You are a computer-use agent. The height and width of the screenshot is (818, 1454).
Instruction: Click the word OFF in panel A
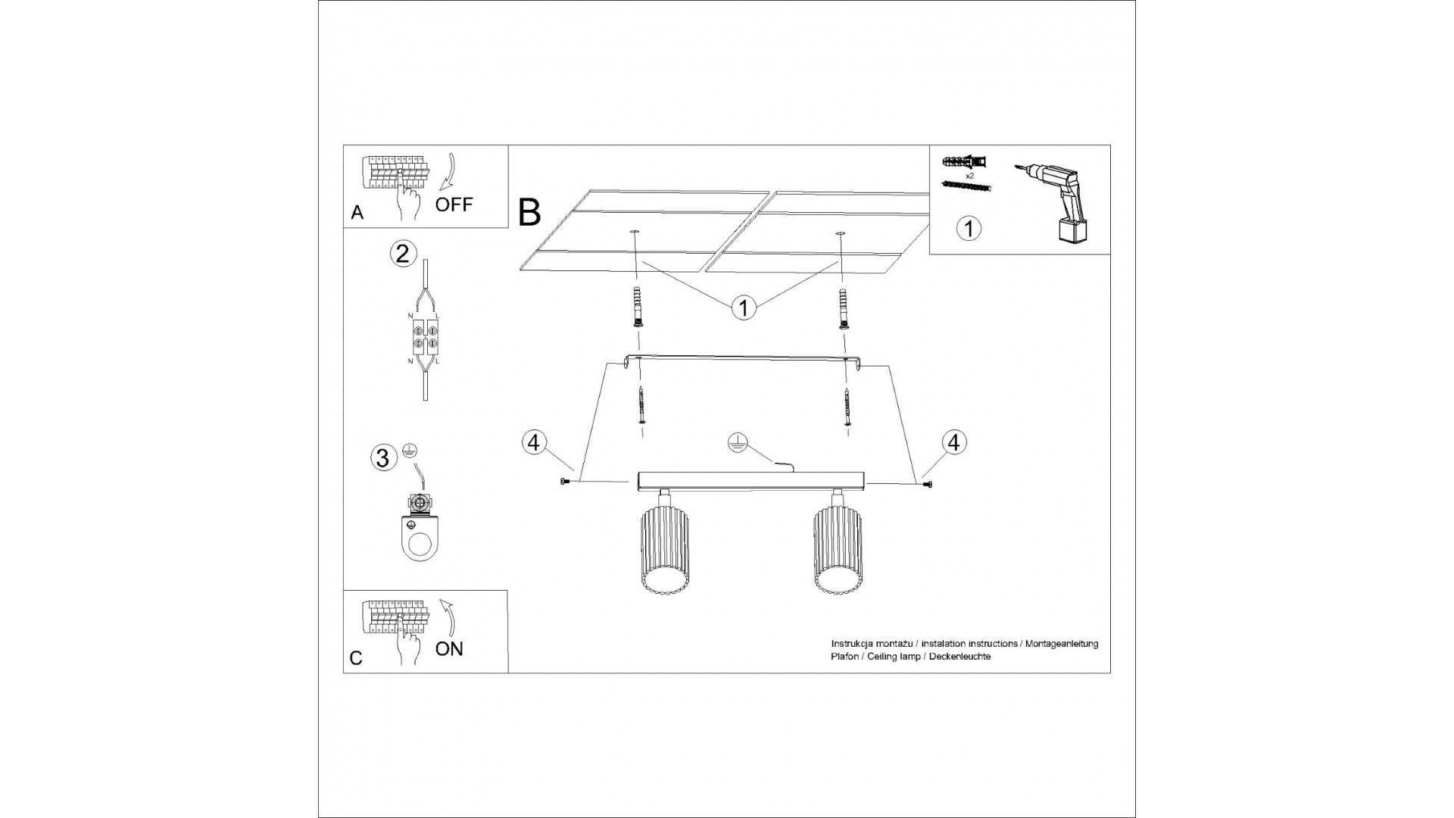point(454,204)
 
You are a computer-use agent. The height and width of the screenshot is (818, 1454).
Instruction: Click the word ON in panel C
point(449,648)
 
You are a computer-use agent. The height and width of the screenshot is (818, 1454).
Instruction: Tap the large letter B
point(530,212)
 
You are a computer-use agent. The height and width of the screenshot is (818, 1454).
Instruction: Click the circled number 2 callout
point(403,253)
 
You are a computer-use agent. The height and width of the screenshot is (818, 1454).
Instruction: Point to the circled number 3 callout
point(383,457)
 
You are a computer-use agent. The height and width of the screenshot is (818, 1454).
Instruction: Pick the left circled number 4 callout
point(534,442)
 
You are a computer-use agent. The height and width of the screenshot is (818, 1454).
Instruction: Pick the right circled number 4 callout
point(953,442)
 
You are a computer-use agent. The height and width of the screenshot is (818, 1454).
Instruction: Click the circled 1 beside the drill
point(969,228)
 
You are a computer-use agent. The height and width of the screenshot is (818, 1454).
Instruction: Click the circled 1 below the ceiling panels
point(744,308)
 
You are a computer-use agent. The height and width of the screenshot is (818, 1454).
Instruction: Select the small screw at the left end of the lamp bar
point(563,482)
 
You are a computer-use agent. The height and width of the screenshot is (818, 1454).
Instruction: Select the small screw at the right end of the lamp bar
point(928,483)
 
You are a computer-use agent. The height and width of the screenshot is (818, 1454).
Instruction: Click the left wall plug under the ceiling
point(638,307)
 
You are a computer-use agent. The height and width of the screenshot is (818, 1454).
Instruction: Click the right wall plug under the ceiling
point(842,307)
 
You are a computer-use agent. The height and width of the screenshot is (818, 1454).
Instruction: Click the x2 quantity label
point(970,175)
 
